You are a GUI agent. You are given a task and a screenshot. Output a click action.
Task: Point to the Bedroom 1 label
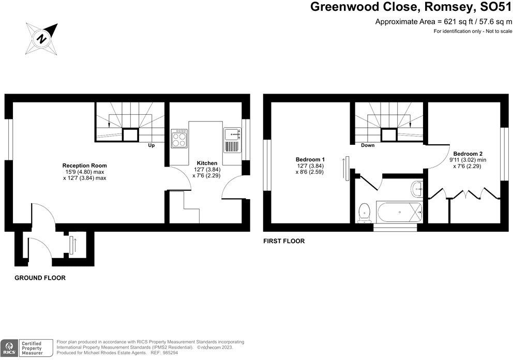pos(310,159)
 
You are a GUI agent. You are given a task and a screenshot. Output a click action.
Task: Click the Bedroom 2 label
pos(468,154)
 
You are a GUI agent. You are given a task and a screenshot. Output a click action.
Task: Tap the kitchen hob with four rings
pos(180,138)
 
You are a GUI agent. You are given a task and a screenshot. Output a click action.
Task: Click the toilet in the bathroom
pos(365,213)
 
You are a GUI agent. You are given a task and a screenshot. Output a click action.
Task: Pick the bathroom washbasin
pos(417,188)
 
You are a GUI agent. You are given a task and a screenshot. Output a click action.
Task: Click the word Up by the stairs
pos(152,145)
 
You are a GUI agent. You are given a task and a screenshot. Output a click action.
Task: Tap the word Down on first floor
pos(368,145)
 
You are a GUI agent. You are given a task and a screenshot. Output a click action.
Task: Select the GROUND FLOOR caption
pos(40,278)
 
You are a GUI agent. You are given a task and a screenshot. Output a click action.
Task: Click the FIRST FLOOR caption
pos(284,241)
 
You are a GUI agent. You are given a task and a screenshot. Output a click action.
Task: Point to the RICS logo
pos(9,347)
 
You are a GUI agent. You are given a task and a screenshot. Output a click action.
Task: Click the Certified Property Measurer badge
pos(36,347)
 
